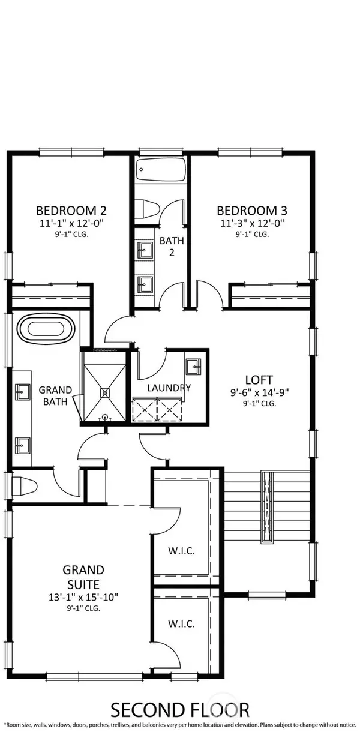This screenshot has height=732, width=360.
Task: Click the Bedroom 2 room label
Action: (71, 210)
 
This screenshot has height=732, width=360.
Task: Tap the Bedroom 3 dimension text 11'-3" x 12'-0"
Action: (252, 223)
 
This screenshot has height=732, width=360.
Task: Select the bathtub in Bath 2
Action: (161, 169)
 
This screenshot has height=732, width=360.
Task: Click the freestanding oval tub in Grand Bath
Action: (46, 328)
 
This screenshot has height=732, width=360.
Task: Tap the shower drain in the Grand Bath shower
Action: (105, 393)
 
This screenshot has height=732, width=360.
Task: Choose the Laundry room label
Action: (169, 388)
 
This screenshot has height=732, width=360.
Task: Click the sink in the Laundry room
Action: (193, 367)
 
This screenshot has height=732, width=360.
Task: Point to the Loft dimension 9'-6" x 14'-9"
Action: (260, 392)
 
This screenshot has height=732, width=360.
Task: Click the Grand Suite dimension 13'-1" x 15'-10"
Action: (83, 597)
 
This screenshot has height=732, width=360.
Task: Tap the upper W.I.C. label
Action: (182, 551)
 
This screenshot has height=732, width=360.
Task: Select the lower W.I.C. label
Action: (182, 624)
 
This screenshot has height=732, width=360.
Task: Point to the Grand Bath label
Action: (55, 396)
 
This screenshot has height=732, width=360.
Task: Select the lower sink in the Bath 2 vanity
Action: (145, 284)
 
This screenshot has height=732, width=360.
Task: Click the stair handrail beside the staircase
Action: (268, 508)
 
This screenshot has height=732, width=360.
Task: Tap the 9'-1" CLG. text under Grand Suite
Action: (83, 608)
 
